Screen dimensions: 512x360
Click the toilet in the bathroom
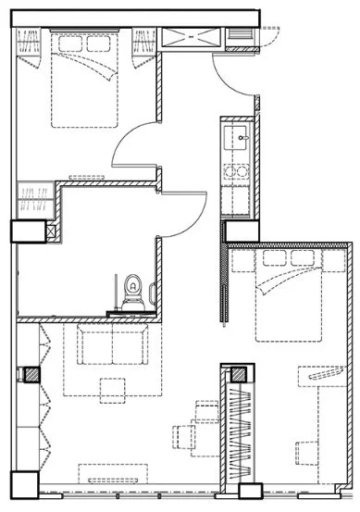132,291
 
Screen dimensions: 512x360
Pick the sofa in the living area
111,348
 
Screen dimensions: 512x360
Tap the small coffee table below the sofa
114,391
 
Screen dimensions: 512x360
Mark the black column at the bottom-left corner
23,483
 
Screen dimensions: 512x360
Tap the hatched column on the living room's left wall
31,375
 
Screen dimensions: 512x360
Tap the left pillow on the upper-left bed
66,43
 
